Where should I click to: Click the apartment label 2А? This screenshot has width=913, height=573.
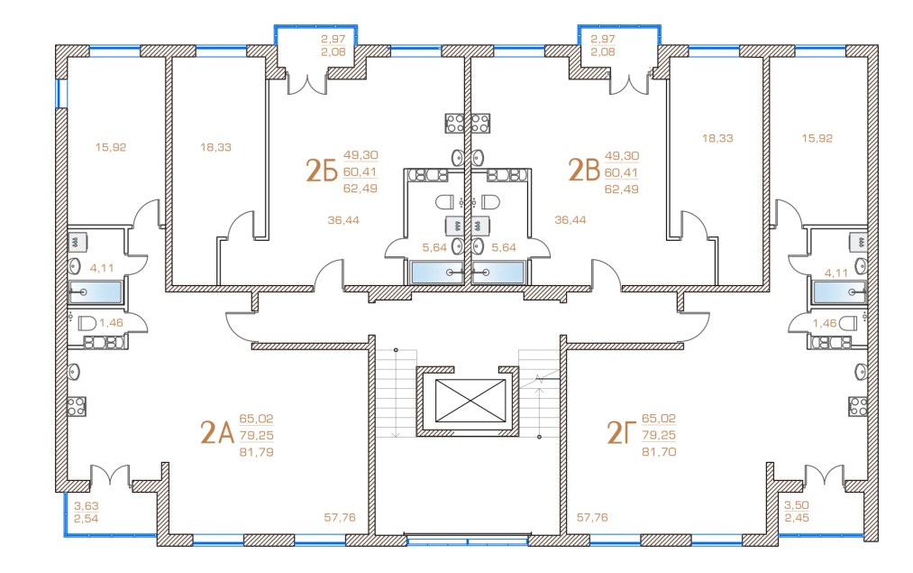(x=216, y=433)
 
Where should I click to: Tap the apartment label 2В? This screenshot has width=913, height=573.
(x=583, y=170)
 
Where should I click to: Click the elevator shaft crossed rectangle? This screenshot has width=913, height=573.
(x=467, y=400)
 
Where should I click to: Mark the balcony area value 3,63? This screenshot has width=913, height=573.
(x=87, y=505)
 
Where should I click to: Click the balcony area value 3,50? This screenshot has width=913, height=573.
(x=797, y=505)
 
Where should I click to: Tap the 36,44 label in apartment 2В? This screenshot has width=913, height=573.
(x=571, y=219)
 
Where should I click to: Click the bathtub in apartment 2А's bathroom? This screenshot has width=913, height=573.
(x=96, y=292)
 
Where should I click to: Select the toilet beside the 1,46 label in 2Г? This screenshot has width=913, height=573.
(x=848, y=323)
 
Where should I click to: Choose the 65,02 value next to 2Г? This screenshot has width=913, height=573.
(x=658, y=419)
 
